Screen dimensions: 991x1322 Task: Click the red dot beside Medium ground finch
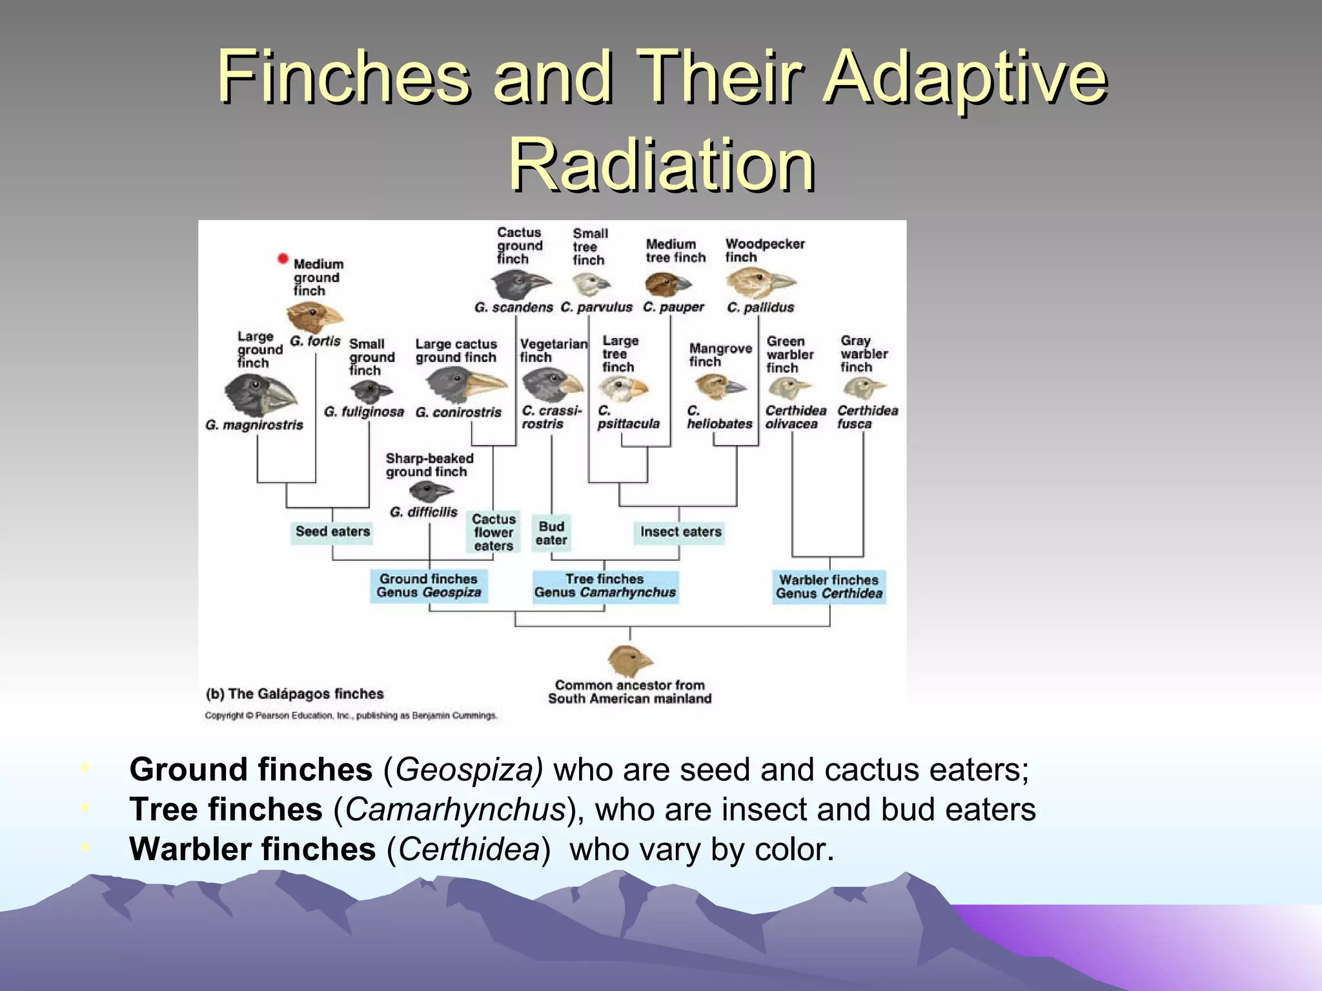[x=282, y=259]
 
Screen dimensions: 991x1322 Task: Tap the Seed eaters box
[x=332, y=532]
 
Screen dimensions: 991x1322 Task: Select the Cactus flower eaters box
[x=493, y=532]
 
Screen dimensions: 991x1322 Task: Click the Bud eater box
[x=551, y=533]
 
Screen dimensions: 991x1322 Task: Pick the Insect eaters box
[x=680, y=532]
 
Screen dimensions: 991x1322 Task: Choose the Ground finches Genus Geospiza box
[x=429, y=586]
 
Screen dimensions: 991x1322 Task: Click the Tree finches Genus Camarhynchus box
[x=605, y=586]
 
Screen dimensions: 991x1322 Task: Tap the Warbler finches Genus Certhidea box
[x=829, y=586]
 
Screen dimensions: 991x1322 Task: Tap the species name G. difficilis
[x=423, y=512]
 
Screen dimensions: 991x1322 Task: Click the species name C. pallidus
[x=760, y=308]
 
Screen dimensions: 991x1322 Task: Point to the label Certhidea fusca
[x=866, y=417]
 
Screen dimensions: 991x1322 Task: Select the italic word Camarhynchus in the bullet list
[x=455, y=810]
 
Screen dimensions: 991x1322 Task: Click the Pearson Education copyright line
[x=351, y=716]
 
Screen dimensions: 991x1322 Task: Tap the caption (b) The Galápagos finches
[x=294, y=694]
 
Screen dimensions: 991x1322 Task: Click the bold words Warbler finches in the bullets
[x=252, y=849]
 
